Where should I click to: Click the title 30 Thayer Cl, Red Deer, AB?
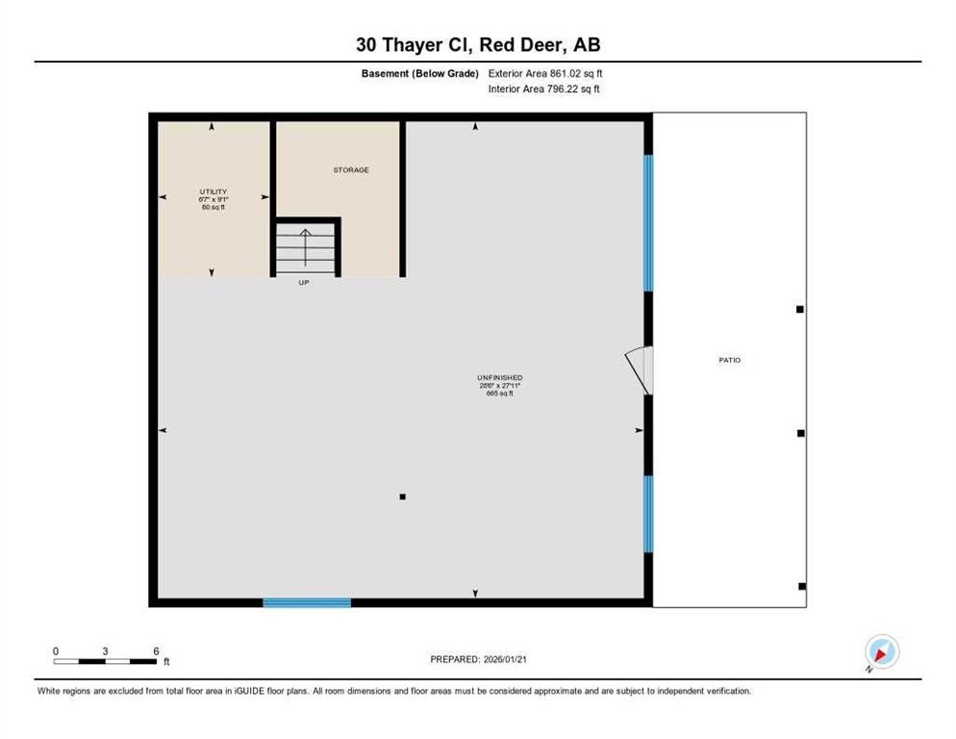(x=477, y=44)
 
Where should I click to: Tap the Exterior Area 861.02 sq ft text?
(x=545, y=73)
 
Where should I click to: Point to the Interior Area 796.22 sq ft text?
(x=545, y=89)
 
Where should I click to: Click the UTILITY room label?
(x=213, y=191)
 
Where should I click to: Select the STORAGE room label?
(x=351, y=170)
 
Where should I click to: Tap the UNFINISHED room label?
(x=499, y=377)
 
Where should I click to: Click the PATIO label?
(x=729, y=360)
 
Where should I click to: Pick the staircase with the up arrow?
(x=305, y=247)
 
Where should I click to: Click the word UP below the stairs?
(x=304, y=282)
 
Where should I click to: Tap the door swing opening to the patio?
(x=641, y=369)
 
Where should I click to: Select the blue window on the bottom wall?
(x=307, y=602)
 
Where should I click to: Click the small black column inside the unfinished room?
(x=402, y=497)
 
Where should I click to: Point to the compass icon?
(x=881, y=652)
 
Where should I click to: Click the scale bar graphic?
(x=105, y=661)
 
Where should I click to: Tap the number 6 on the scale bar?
(x=155, y=650)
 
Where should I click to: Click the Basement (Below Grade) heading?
(x=427, y=73)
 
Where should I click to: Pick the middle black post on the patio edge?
(x=800, y=433)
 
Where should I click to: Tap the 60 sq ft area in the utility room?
(x=213, y=207)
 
